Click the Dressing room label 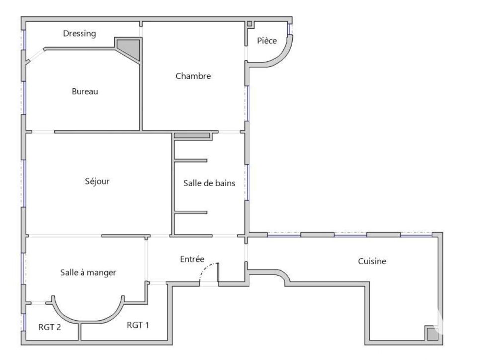(x=80, y=34)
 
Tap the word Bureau (x=85, y=91)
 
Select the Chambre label (x=193, y=76)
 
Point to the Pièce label (x=267, y=41)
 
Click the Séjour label (x=97, y=181)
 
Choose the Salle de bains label (x=209, y=183)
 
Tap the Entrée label (x=192, y=259)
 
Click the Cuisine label (x=372, y=261)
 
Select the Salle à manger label (x=88, y=272)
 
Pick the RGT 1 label (x=138, y=325)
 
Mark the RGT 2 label (x=50, y=327)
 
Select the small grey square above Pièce (x=249, y=24)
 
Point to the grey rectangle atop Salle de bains (x=192, y=135)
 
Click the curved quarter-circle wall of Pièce (x=283, y=55)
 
